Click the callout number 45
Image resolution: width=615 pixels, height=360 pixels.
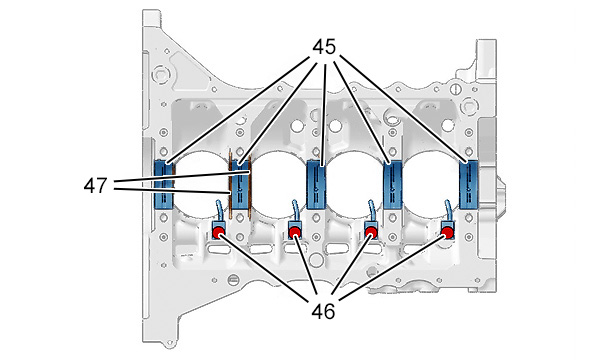324,47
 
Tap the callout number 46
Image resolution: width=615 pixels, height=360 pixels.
324,311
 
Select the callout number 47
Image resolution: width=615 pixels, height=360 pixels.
95,185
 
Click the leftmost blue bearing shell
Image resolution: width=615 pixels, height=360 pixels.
164,184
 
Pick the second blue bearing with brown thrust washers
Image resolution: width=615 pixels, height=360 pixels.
240,184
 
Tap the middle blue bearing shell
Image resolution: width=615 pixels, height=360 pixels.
316,184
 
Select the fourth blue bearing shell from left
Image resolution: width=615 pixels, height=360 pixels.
393,184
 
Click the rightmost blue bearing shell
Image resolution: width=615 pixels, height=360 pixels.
469,184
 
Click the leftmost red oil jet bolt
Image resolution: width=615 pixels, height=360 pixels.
218,233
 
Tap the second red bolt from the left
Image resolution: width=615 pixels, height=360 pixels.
295,233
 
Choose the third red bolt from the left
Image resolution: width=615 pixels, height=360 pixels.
371,233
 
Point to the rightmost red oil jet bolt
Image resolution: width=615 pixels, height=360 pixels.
447,233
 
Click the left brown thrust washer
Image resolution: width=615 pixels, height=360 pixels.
230,184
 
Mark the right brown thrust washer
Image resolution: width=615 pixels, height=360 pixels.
250,184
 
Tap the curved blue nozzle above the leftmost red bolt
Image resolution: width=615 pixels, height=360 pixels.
219,211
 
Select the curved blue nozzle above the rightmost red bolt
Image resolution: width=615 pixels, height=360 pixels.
448,211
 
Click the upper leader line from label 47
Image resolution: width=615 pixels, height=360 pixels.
181,177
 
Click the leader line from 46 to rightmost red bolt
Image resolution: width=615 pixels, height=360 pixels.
392,267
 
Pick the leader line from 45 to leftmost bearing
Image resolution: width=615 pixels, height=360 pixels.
237,110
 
